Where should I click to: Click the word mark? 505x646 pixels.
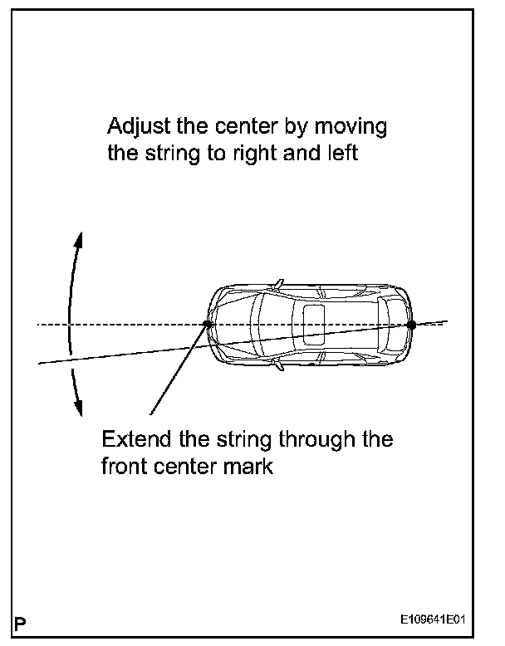coord(249,465)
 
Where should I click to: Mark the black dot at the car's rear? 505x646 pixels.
coord(410,325)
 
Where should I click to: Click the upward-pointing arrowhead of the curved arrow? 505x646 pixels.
coord(80,239)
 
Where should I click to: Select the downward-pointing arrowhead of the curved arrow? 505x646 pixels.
coord(80,408)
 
